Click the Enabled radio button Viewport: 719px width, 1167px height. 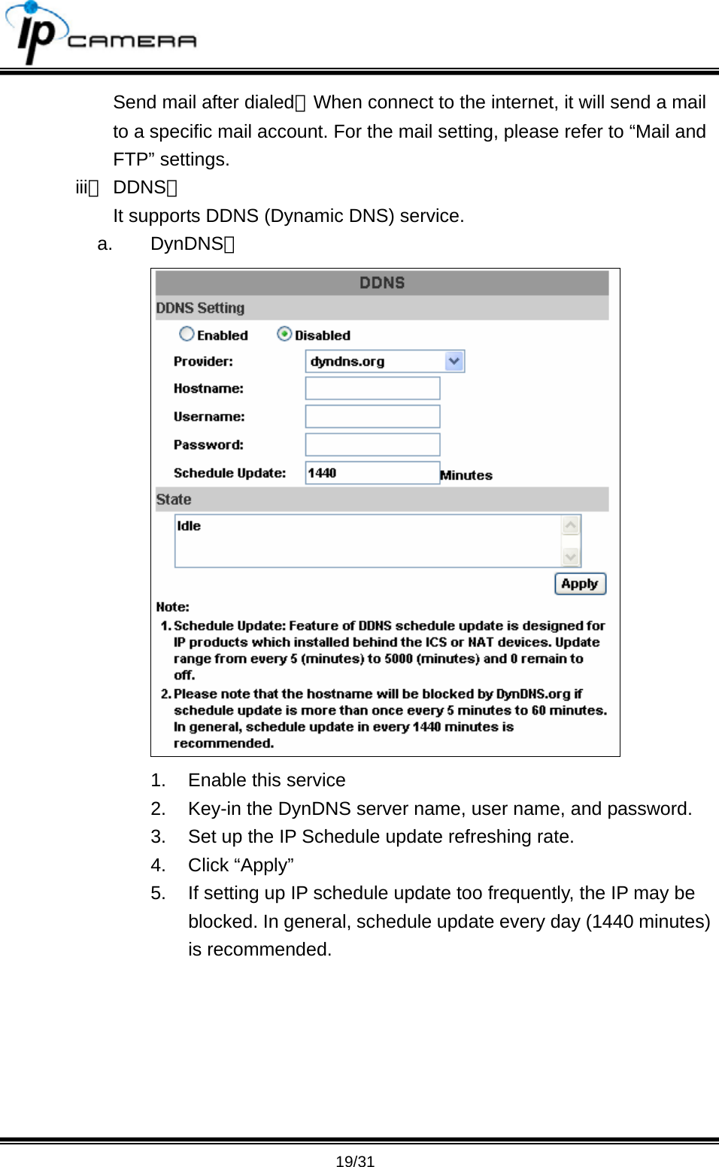click(187, 334)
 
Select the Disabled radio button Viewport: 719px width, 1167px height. click(284, 334)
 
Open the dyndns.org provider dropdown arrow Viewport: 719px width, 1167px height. click(454, 361)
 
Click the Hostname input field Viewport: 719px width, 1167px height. click(372, 388)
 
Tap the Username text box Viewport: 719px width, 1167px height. click(372, 416)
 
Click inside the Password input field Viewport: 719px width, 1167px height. click(372, 445)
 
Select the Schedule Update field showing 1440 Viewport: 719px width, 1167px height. click(372, 473)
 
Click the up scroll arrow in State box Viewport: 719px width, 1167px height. click(571, 524)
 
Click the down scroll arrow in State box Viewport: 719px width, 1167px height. click(571, 557)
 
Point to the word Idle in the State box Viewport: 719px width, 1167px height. click(189, 526)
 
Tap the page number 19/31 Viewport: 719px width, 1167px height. click(355, 1161)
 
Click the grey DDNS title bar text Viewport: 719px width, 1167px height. click(382, 283)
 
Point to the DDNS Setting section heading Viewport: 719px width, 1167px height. click(200, 308)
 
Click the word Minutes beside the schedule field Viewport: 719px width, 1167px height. click(466, 475)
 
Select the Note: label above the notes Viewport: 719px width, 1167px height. click(173, 606)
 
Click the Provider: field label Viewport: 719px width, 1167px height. click(203, 361)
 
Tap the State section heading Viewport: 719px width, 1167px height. click(174, 500)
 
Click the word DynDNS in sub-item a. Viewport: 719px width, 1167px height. click(187, 244)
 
